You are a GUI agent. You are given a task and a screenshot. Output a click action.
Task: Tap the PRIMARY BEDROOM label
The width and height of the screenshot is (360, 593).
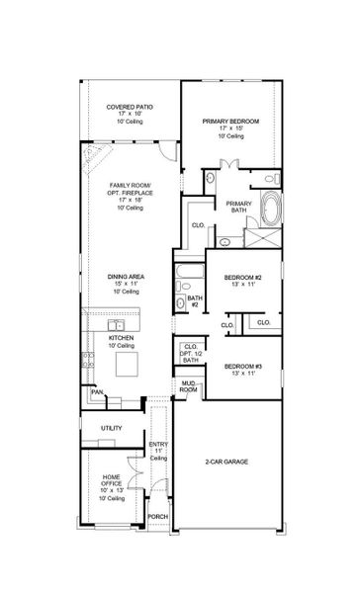(229, 122)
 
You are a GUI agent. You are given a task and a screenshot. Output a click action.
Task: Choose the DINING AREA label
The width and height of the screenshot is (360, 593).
(130, 276)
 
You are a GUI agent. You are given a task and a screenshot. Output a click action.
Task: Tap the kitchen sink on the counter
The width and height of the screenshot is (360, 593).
(116, 325)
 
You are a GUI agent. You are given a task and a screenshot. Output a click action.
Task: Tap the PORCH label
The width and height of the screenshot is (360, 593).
(157, 516)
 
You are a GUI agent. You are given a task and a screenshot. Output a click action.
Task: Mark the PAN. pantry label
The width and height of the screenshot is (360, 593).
(97, 392)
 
